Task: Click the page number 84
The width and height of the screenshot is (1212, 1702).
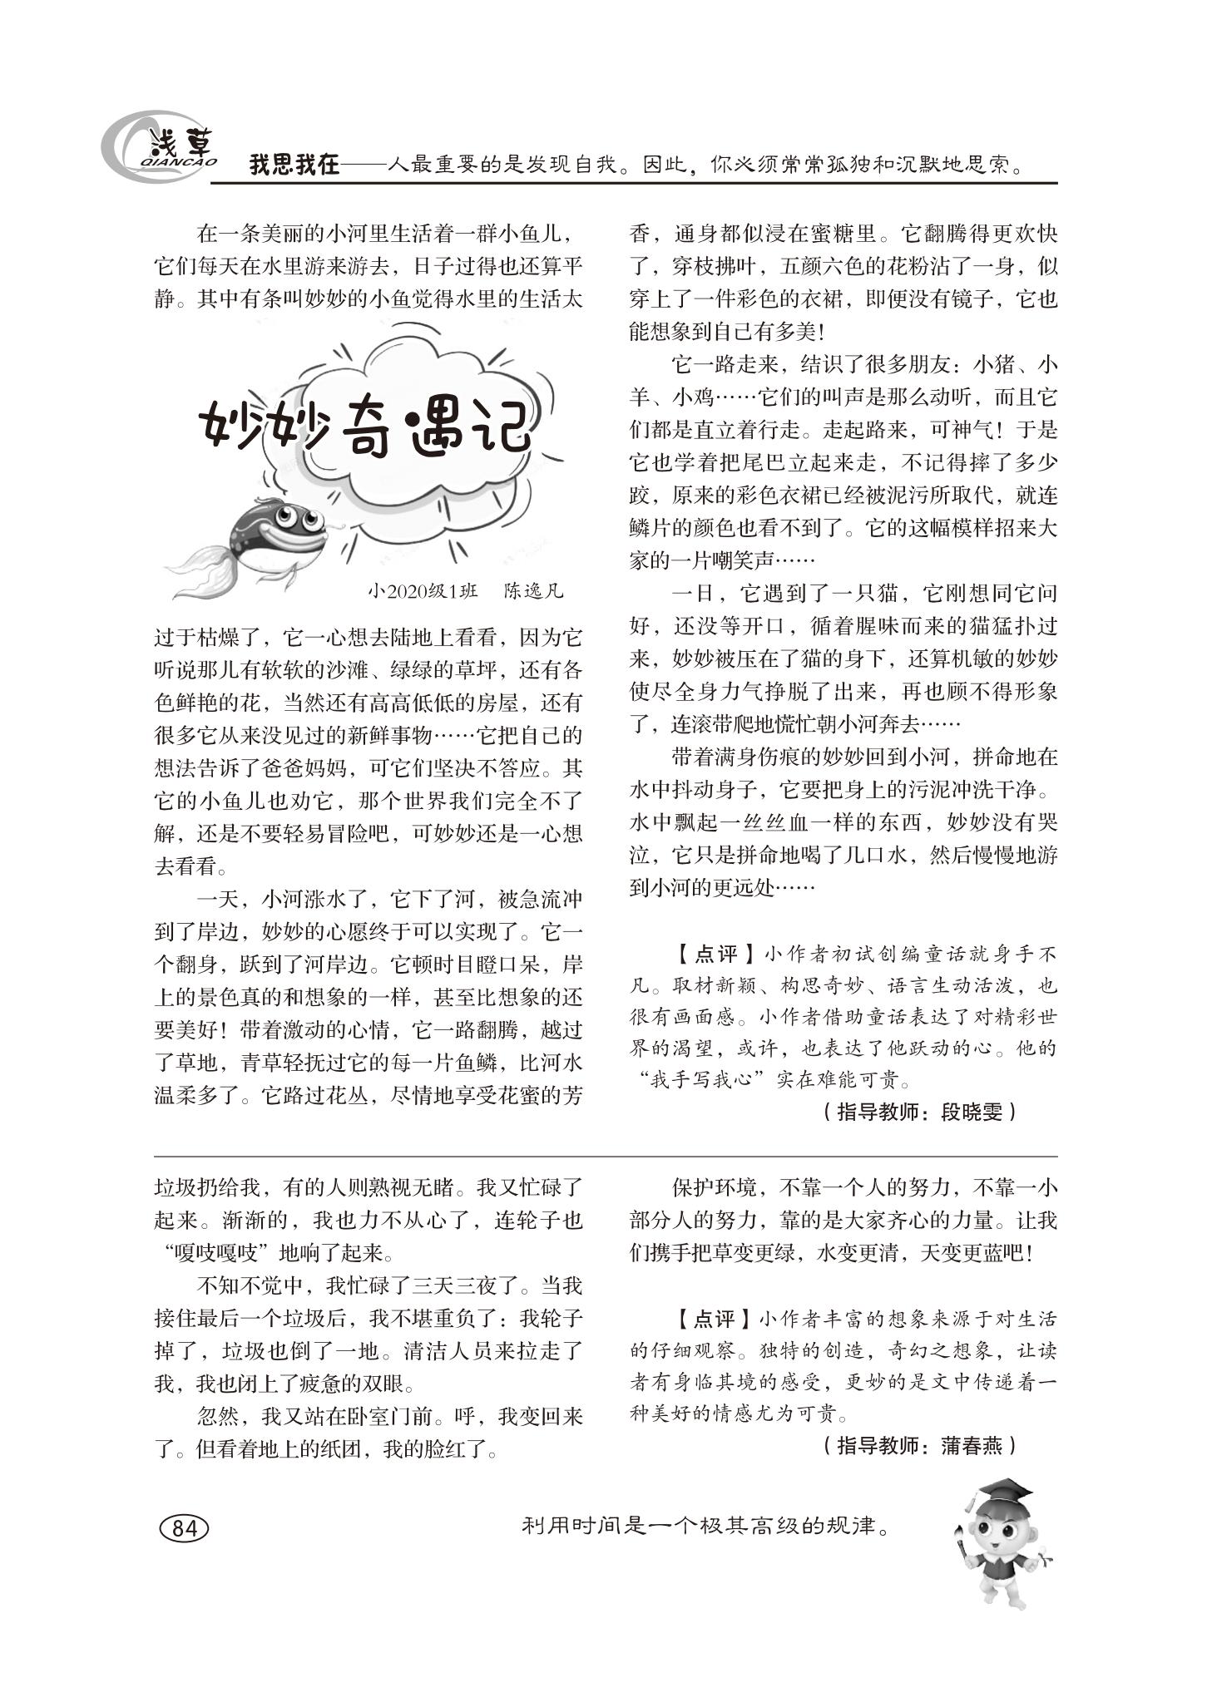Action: [x=184, y=1527]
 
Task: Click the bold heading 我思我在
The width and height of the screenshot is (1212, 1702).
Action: [x=294, y=165]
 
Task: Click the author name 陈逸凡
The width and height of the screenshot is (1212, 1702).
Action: [x=533, y=592]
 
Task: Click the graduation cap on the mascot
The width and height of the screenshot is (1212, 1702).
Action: [x=1002, y=1492]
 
